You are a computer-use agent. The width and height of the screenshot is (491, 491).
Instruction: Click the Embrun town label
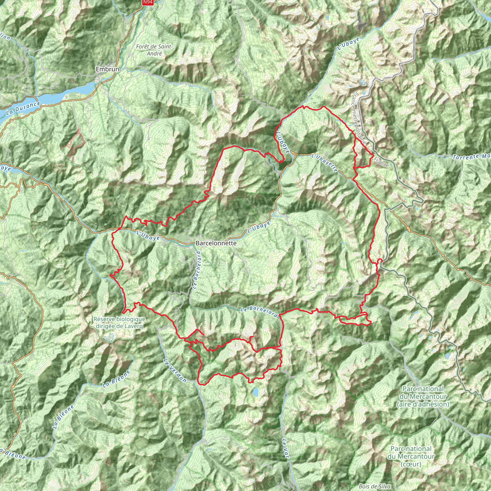pos(107,69)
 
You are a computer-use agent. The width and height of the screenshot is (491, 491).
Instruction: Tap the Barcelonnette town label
pos(216,243)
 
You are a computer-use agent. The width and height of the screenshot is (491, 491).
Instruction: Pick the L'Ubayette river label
pos(325,162)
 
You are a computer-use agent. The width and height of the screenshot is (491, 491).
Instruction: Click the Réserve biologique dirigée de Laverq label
pos(119,322)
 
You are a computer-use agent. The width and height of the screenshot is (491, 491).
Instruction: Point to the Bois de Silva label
pos(375,486)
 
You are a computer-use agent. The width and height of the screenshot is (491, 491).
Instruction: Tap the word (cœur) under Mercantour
pos(411,464)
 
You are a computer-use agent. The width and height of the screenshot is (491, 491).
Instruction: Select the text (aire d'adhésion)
pos(423,404)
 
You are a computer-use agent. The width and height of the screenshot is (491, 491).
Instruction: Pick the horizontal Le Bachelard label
pos(259,312)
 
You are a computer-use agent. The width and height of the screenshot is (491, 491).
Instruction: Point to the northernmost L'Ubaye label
pos(348,43)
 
